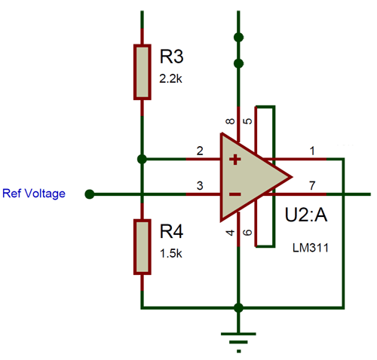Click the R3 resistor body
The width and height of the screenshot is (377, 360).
pos(142,72)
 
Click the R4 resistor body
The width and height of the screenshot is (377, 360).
pos(142,246)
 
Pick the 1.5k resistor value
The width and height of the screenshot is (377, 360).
pos(170,253)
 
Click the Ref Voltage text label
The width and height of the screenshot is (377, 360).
pos(34,194)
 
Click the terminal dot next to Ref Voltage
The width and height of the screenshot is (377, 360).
pos(90,194)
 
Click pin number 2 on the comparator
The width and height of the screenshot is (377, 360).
pos(200,151)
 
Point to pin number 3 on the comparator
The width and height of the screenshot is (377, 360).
pos(200,186)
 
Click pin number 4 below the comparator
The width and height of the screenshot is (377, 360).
pos(230,233)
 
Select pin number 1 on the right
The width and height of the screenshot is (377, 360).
pos(311,151)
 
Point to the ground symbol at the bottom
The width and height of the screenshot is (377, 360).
pos(239,337)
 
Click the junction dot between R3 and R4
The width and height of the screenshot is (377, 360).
pos(142,159)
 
